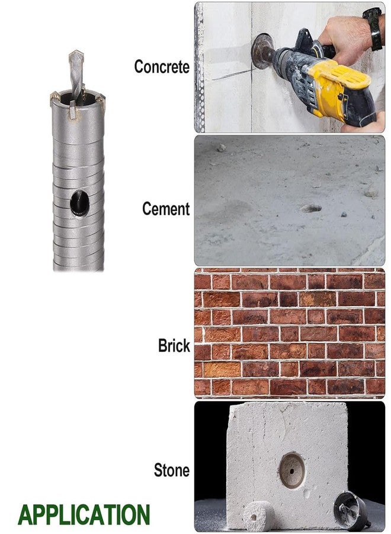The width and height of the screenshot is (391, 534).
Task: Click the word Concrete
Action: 162,66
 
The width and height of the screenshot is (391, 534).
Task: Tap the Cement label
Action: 166,209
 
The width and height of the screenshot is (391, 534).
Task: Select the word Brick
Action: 174,346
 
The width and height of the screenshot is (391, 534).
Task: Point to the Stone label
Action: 172,471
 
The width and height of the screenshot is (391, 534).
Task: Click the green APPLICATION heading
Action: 84,514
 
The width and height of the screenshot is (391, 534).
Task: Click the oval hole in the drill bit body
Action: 79,204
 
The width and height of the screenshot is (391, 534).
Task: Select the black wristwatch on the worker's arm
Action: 373,28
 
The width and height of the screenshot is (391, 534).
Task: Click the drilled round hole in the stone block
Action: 291,471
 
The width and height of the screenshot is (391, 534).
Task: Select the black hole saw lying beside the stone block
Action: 351,510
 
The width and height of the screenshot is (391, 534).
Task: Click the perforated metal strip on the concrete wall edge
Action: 200,68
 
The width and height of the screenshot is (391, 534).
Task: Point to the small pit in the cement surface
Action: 311,208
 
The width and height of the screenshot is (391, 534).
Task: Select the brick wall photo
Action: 290,333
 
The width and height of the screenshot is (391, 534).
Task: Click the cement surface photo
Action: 290,201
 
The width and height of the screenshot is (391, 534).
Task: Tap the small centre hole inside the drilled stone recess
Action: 291,472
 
